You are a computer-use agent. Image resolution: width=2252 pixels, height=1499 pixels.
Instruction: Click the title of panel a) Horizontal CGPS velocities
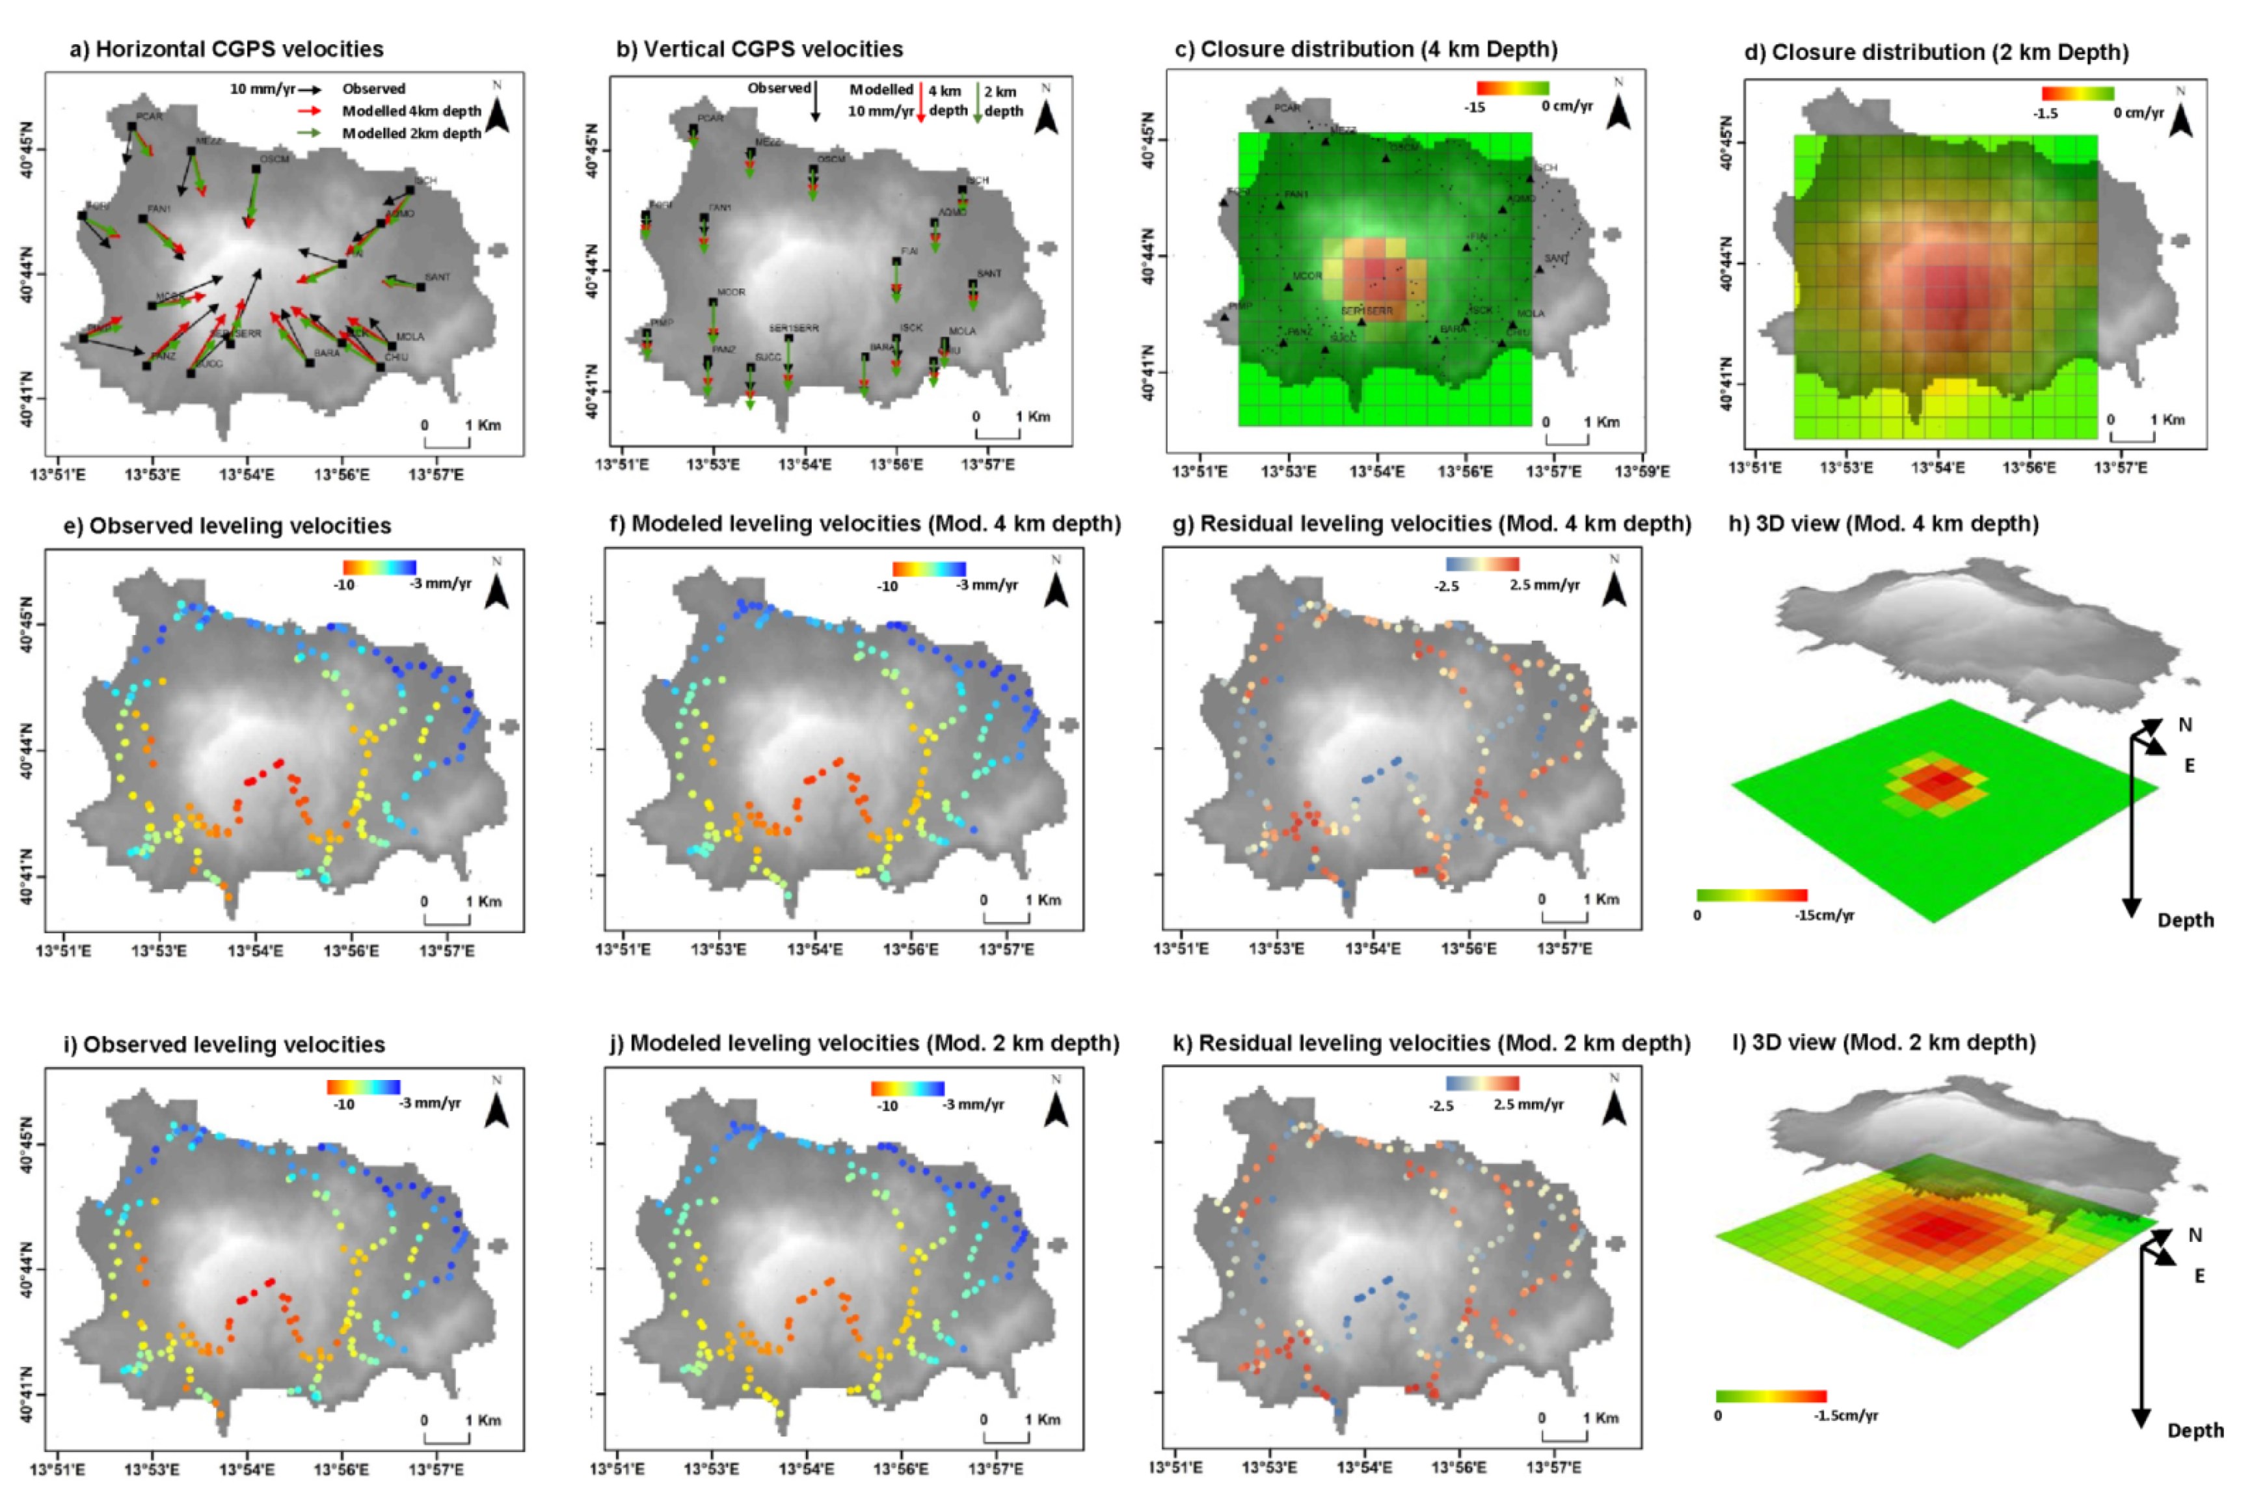click(226, 49)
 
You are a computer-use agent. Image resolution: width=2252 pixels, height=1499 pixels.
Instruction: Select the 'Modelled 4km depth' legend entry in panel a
click(411, 111)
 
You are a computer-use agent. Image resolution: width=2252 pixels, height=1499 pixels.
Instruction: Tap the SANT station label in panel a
click(437, 277)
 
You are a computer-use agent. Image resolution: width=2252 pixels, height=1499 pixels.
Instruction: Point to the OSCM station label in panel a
click(275, 159)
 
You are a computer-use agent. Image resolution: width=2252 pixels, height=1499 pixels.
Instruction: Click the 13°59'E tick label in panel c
click(1641, 470)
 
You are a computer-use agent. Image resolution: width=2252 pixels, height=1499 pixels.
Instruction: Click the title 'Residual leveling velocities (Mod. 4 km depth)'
click(1431, 524)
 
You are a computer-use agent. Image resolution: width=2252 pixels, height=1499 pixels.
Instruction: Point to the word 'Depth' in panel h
click(2184, 920)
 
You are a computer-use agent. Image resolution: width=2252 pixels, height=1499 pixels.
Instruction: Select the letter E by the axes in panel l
click(2199, 1275)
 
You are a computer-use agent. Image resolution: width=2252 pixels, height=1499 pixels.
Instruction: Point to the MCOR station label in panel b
click(731, 291)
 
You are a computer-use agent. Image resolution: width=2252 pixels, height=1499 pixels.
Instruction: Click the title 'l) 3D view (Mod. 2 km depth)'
click(1883, 1042)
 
